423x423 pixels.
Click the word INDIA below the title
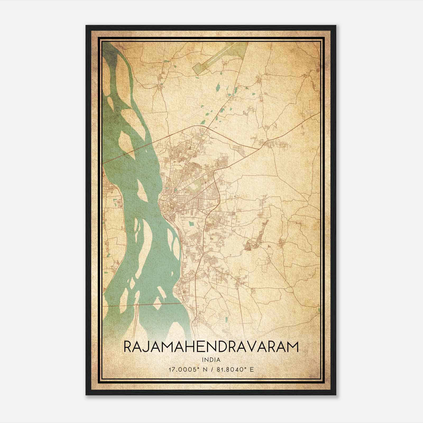(211, 360)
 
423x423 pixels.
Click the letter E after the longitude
(252, 369)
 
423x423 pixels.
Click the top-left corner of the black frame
(86, 26)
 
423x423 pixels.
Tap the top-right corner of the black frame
(336, 26)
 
